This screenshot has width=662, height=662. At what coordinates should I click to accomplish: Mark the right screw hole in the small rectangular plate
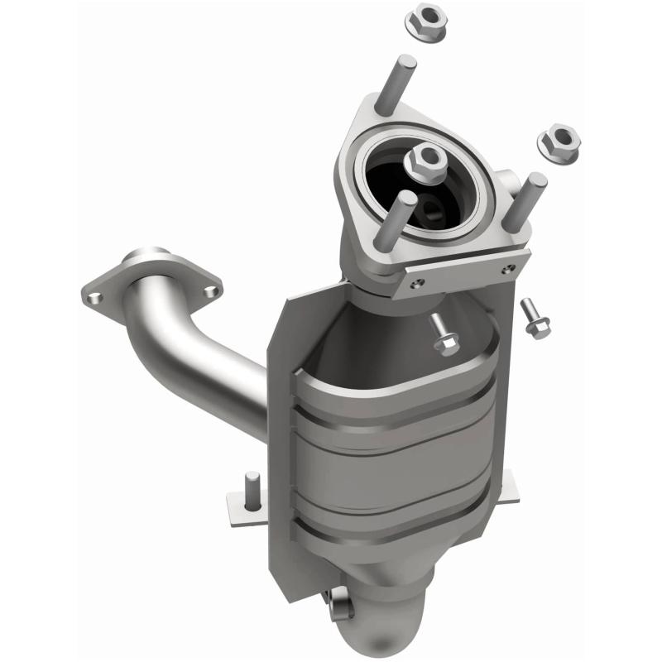pyautogui.click(x=511, y=267)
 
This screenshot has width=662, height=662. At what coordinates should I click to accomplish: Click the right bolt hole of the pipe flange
pyautogui.click(x=210, y=290)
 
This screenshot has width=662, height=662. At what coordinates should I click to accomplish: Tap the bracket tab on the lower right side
pyautogui.click(x=506, y=488)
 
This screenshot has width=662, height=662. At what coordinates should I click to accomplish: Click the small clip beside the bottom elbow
pyautogui.click(x=339, y=604)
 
